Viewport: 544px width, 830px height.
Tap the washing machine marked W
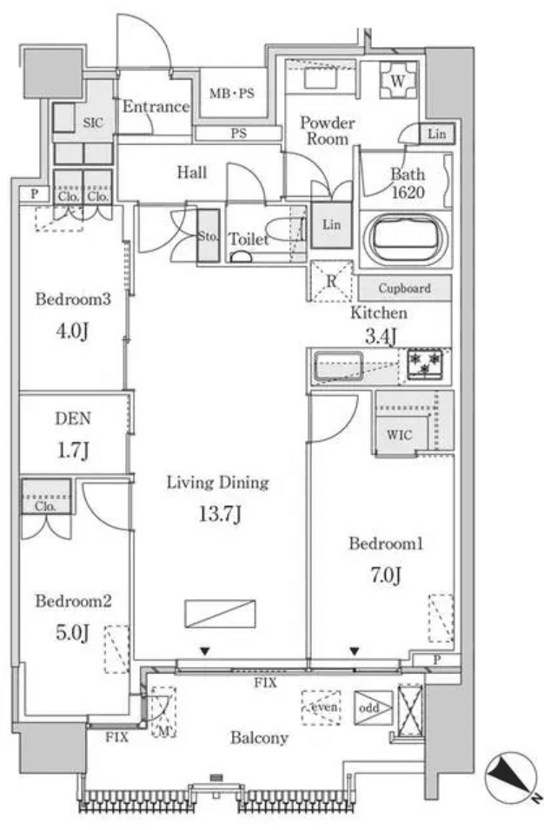coord(399,81)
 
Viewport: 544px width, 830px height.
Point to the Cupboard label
coord(404,288)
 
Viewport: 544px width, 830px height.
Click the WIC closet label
coord(396,433)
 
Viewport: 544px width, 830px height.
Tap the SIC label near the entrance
coord(93,123)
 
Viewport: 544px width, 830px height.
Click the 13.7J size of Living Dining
coord(219,514)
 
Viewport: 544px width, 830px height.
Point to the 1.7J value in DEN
coord(75,450)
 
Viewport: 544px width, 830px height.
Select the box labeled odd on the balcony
coord(370,708)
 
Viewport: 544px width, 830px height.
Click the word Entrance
coord(156,107)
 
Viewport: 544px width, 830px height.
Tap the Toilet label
coord(249,239)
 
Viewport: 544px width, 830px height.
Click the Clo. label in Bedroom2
coord(45,505)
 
